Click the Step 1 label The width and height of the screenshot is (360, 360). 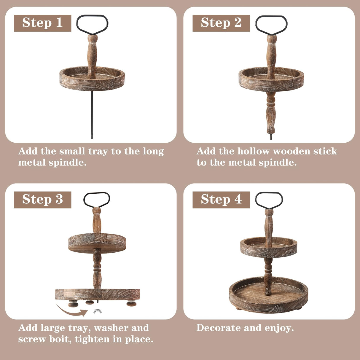(42, 23)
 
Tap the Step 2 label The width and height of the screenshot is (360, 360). (221, 23)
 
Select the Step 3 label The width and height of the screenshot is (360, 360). (42, 200)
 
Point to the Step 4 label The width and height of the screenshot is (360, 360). (221, 200)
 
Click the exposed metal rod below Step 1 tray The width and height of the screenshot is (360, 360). (92, 116)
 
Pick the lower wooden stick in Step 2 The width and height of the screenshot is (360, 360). (271, 113)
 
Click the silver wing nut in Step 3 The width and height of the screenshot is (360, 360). (95, 311)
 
